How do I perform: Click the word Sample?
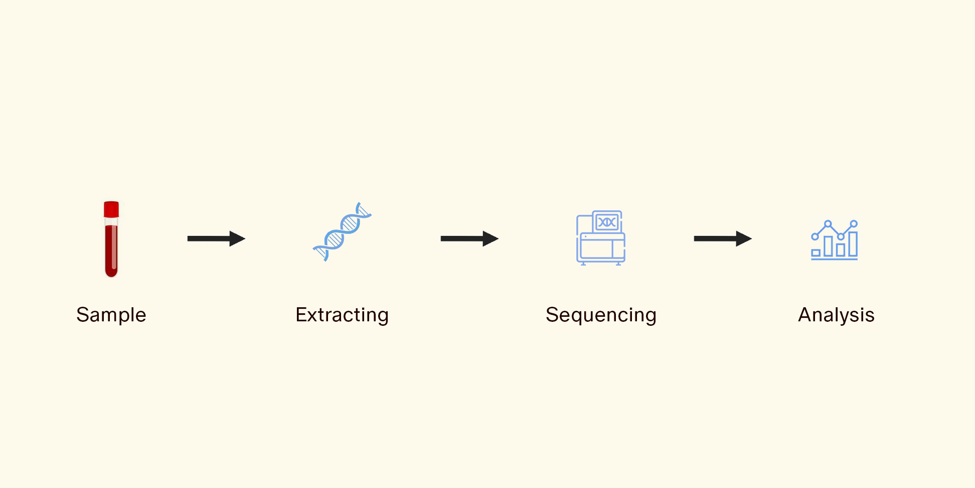point(111,315)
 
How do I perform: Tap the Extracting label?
point(342,315)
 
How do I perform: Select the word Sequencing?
point(601,315)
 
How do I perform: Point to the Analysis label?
point(836,315)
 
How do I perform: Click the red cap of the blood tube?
point(111,209)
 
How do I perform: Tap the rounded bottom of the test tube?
point(111,272)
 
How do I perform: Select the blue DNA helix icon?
point(342,231)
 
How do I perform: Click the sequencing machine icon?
point(601,238)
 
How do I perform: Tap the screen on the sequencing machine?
point(607,222)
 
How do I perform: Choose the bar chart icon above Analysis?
point(835,239)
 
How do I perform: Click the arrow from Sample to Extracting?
point(216,238)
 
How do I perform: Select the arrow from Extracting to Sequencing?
point(469,238)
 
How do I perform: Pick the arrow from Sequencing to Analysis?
point(723,238)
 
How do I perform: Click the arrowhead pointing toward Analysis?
point(743,238)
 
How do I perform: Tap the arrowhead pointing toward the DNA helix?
point(237,238)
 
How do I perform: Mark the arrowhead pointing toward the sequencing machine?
point(490,238)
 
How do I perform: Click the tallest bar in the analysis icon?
point(853,244)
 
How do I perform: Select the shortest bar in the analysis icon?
point(816,253)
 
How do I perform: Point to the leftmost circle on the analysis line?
point(815,236)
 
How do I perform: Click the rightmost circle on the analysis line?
point(854,223)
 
